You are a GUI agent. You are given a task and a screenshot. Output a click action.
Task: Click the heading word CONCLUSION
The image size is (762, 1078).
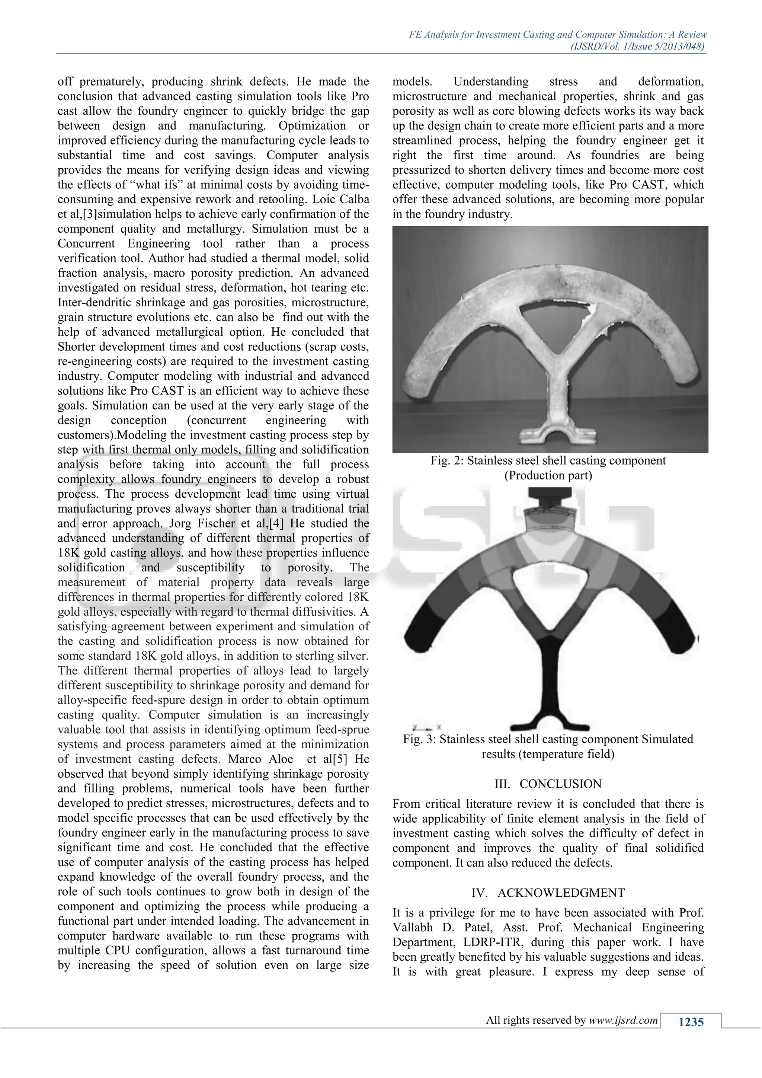(x=560, y=784)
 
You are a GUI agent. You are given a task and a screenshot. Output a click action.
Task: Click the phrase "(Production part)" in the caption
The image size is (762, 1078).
(x=548, y=476)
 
